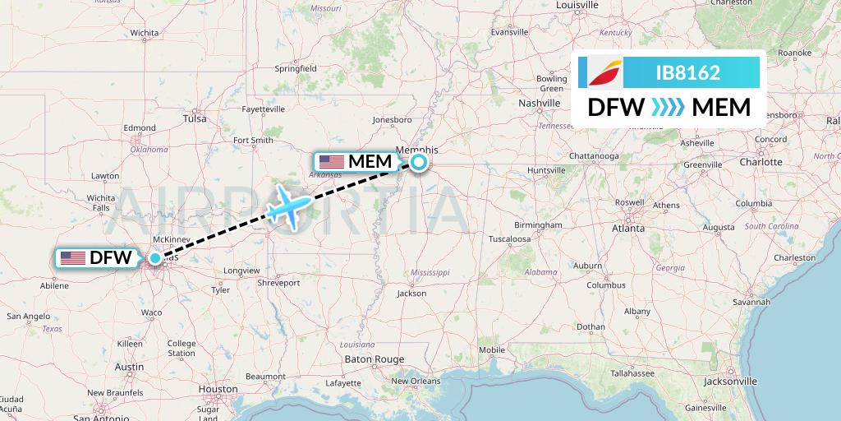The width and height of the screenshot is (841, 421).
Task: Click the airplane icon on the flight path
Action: pos(288,203)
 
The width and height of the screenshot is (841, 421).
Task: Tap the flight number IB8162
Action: pos(687,73)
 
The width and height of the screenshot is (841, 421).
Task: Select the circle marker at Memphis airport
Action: pos(419,162)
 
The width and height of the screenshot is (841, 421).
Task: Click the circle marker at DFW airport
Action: pos(154,258)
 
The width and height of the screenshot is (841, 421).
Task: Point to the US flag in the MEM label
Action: pos(332,162)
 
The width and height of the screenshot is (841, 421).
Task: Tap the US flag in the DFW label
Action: pos(73,258)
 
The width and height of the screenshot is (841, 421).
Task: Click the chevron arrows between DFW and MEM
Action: pos(667,108)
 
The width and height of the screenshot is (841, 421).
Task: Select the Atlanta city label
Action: pos(627,229)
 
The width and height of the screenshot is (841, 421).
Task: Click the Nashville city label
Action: pos(539,103)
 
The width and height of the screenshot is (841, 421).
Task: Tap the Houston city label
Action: pos(218,389)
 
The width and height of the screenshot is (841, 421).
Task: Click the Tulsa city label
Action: pos(195,118)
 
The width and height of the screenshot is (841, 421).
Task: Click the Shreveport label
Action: pos(278,282)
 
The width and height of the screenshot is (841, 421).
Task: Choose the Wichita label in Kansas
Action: pos(144,33)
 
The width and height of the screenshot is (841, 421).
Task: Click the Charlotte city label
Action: pos(761,162)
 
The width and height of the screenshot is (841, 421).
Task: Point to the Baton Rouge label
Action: pos(374,359)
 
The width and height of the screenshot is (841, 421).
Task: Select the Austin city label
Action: pos(130,367)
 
